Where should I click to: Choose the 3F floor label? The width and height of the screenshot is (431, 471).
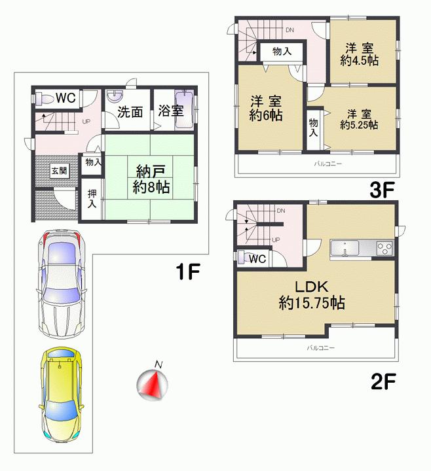click(x=383, y=190)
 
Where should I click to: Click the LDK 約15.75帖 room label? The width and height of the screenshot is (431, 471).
click(x=312, y=295)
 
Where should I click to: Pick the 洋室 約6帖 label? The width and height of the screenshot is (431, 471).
click(x=265, y=109)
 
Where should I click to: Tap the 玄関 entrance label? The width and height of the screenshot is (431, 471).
click(x=59, y=171)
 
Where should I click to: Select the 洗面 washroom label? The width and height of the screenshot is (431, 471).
click(x=130, y=112)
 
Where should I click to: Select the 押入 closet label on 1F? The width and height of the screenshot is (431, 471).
click(x=91, y=199)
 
